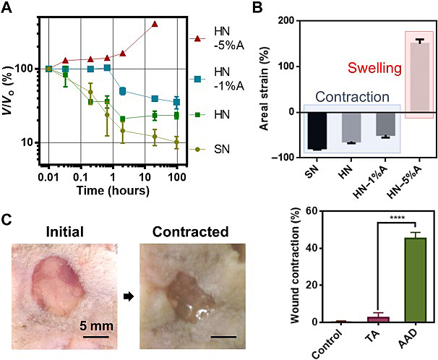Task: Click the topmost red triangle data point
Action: pyautogui.click(x=155, y=24)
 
